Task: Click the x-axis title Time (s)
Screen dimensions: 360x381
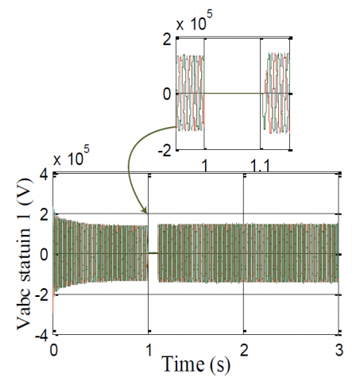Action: tap(195, 364)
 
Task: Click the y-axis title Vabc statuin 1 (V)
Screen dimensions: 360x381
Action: tap(25, 254)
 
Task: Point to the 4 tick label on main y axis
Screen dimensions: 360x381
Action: tap(45, 175)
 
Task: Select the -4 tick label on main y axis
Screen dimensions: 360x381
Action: tap(42, 337)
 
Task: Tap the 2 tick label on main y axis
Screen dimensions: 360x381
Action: tap(45, 215)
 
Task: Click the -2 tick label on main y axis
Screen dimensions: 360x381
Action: tap(42, 295)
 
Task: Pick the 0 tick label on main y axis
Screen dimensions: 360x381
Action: tap(45, 255)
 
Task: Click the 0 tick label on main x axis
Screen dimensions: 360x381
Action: tap(54, 350)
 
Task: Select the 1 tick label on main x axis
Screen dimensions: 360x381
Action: tap(149, 350)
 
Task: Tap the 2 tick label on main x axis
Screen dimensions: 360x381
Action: tap(244, 350)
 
